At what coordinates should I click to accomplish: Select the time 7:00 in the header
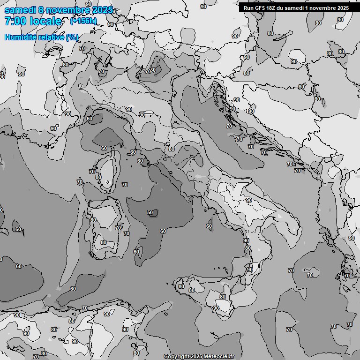[14, 21]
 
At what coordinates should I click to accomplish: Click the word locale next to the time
[45, 21]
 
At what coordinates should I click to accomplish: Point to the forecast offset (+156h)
[83, 21]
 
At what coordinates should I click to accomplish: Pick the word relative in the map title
[50, 37]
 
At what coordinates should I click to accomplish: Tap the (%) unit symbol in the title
[72, 37]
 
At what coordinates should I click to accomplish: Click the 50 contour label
[150, 212]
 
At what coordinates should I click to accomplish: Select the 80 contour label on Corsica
[98, 177]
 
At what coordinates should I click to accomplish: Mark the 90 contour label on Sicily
[216, 308]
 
